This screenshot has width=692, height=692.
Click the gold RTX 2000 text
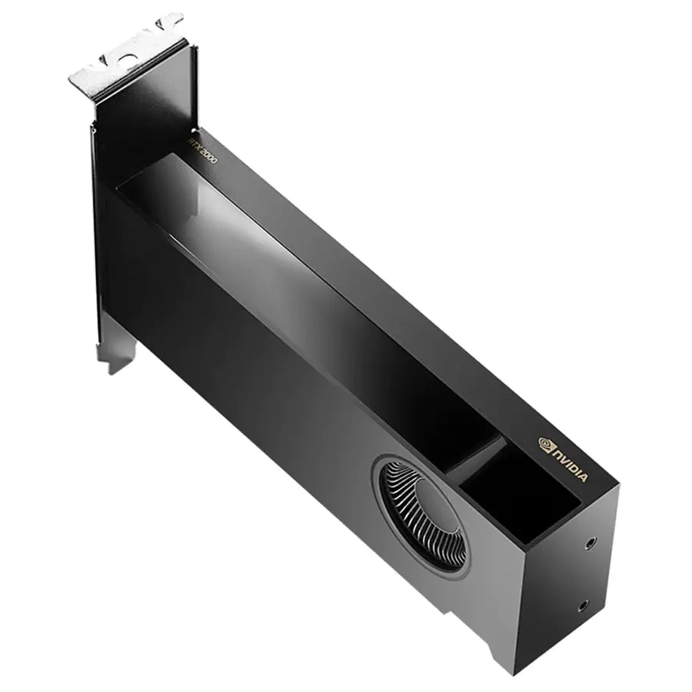tap(202, 151)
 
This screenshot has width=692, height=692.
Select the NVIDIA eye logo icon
tap(545, 444)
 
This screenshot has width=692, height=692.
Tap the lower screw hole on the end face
tap(583, 607)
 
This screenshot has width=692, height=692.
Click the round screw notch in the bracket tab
tap(128, 60)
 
